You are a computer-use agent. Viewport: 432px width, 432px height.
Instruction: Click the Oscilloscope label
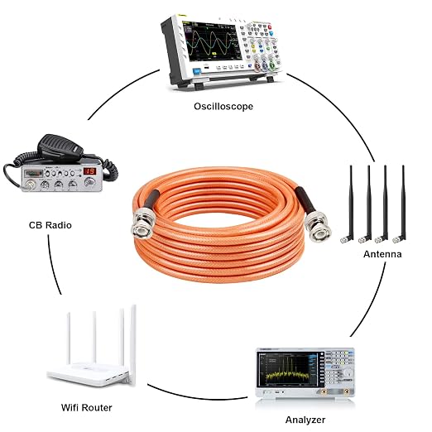223,107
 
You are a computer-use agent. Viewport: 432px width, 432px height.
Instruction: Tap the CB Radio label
50,225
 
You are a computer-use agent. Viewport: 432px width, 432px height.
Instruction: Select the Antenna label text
382,254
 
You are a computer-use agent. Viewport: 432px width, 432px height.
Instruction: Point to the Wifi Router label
87,407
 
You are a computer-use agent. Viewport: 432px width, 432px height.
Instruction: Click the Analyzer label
305,420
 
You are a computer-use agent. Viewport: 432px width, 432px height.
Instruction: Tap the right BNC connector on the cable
318,226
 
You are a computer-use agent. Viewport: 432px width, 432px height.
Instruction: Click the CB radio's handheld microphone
60,146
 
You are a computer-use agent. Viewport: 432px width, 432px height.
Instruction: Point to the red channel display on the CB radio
89,171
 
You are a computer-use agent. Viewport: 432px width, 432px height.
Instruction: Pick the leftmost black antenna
348,204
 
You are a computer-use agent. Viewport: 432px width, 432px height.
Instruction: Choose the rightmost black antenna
401,204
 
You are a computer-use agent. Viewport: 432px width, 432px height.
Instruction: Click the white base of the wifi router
89,374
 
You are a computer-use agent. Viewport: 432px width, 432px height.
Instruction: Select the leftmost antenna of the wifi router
69,338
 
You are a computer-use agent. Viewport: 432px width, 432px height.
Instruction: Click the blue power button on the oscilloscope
197,71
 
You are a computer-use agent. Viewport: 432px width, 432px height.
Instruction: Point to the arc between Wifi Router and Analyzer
196,396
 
